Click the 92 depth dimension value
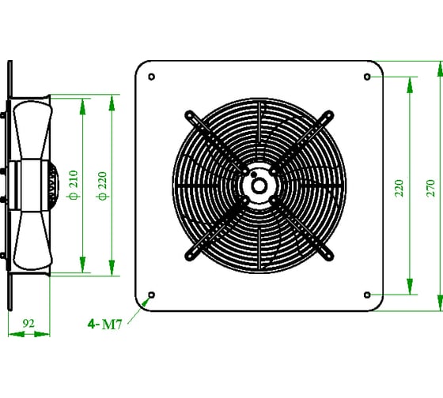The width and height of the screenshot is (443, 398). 28,323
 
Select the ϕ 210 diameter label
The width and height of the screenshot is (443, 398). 74,185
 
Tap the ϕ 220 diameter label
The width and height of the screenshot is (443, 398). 102,186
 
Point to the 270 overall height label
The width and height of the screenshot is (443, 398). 430,188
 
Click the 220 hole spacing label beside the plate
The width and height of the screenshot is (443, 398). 399,188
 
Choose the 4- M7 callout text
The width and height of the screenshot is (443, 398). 104,325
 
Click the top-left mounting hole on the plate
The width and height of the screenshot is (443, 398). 151,77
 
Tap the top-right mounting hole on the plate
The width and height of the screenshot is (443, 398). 367,77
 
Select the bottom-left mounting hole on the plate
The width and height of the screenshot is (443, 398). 151,295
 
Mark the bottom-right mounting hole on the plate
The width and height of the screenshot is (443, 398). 367,295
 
